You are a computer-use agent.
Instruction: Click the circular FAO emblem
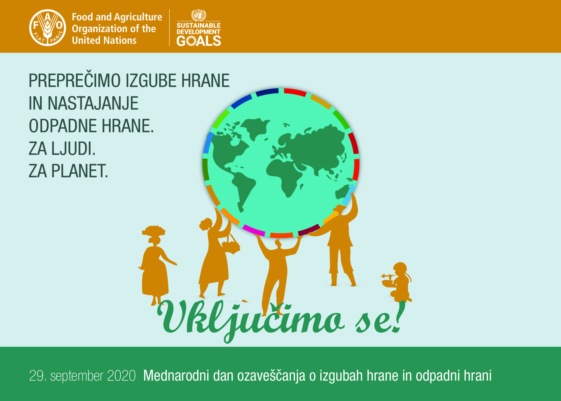tap(48, 28)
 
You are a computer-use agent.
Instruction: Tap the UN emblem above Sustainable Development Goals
tap(199, 15)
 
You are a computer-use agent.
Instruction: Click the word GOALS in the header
tap(199, 41)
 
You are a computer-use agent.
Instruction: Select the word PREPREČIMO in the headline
tap(75, 81)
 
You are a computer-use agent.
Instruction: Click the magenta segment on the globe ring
tap(253, 230)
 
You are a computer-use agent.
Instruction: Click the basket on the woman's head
tap(153, 230)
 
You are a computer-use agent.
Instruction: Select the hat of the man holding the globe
tap(339, 208)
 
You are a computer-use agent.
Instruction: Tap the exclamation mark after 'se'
tap(400, 316)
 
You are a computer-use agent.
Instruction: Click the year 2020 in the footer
tap(121, 376)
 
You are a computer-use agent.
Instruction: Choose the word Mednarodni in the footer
tap(176, 375)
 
